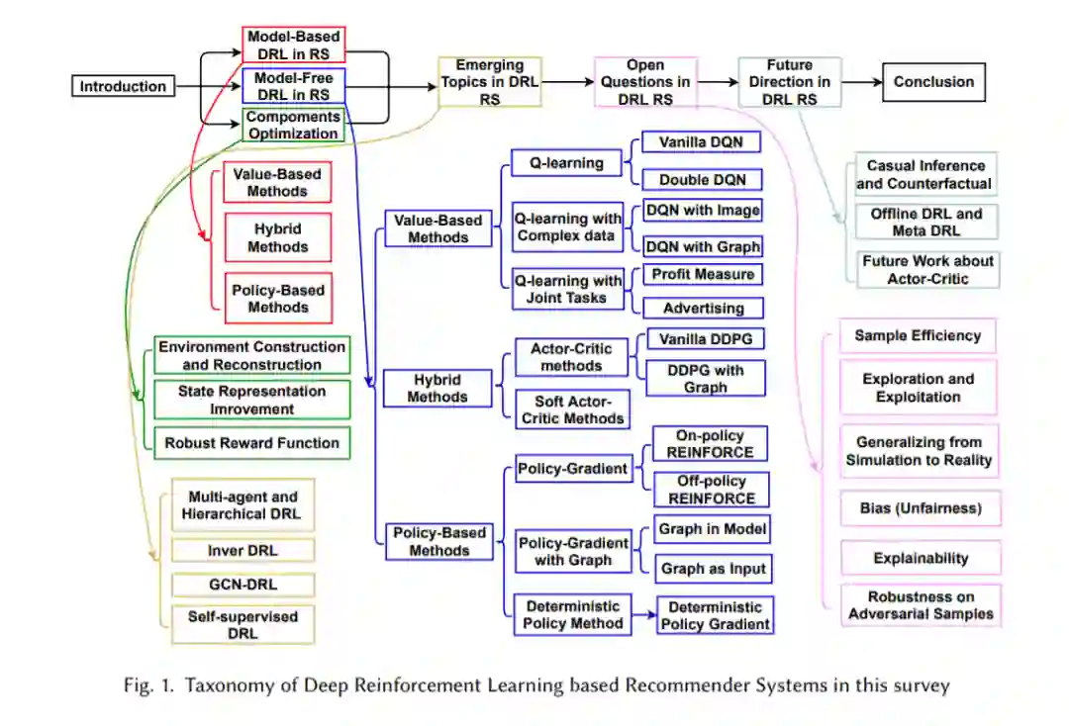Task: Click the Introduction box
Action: [123, 86]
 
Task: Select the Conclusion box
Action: [933, 82]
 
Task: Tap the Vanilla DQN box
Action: [701, 142]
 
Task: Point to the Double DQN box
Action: [701, 180]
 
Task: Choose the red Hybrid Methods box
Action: [277, 238]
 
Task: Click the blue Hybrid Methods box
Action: [437, 388]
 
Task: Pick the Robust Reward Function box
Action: [251, 443]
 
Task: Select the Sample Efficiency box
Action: [918, 335]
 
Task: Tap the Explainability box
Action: [921, 558]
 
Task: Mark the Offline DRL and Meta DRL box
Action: [926, 223]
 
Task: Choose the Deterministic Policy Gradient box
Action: [715, 615]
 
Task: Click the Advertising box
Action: [703, 308]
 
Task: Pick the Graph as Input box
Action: [713, 569]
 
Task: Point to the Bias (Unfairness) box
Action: [921, 508]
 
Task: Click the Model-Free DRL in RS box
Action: [293, 86]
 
